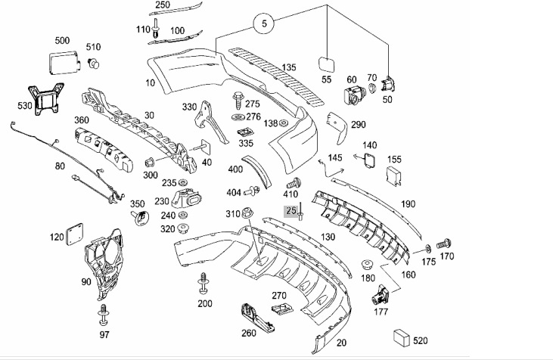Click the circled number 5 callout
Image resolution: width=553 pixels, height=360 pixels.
(x=264, y=25)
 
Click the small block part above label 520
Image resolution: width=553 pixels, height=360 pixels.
(x=401, y=336)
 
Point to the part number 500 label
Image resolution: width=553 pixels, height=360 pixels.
(x=62, y=40)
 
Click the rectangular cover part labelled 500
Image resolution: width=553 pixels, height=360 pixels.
(x=62, y=61)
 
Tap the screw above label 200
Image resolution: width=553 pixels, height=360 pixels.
(x=203, y=283)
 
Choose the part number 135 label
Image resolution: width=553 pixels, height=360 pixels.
(x=289, y=67)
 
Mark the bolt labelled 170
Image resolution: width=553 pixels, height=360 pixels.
(x=445, y=244)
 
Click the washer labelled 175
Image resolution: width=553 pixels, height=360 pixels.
(x=429, y=247)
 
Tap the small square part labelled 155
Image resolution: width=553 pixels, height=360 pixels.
(x=394, y=176)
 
